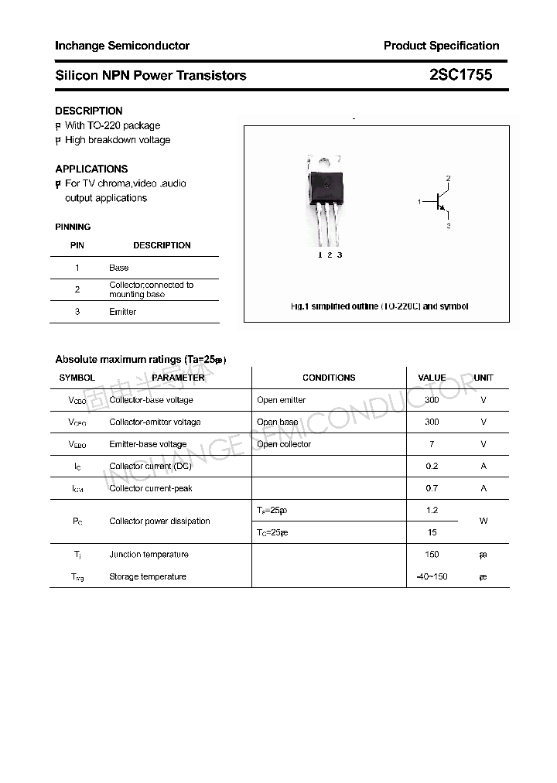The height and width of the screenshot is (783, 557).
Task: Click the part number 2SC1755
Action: coord(460,75)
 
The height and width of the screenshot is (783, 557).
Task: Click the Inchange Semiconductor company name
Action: coord(122,46)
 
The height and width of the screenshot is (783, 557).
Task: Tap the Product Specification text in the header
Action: coord(441,46)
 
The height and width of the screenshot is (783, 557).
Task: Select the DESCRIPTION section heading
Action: coord(89,111)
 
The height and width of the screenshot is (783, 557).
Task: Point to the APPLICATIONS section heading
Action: coord(91,169)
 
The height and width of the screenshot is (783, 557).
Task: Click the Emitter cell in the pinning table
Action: coord(122,312)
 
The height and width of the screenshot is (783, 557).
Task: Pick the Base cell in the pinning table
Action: coord(119,268)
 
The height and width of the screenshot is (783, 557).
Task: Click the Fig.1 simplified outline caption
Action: coord(379,306)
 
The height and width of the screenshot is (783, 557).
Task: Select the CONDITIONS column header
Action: coord(329,378)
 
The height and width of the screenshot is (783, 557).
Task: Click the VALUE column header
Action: coord(432,378)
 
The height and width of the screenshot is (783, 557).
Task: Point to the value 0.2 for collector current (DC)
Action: coord(432,466)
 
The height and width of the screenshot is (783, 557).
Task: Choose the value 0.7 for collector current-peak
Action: coord(432,488)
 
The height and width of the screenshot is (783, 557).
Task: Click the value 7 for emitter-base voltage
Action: coord(432,444)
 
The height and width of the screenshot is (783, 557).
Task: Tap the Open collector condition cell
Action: coord(284,444)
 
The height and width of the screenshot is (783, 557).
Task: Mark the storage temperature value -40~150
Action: coord(432,576)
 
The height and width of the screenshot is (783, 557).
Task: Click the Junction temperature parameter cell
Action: coord(149,554)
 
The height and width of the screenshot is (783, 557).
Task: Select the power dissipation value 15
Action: coord(432,532)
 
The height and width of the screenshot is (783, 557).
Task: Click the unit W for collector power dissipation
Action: coord(484,521)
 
